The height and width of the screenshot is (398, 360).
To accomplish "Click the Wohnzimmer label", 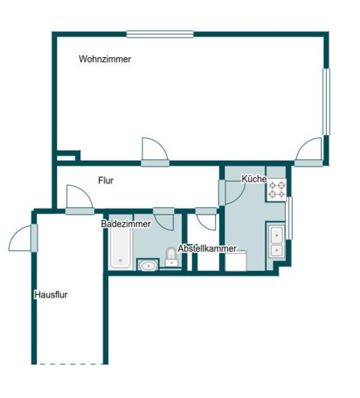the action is point(105,59).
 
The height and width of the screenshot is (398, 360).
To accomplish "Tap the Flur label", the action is point(106,180).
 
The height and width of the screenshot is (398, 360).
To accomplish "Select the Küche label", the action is point(254,179).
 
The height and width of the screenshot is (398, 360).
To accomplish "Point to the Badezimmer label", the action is point(126,224).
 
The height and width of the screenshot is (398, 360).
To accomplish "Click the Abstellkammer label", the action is point(207,249).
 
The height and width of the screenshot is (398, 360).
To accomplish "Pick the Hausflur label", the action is point(51,295).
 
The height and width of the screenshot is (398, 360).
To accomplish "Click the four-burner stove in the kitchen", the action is point(277,190).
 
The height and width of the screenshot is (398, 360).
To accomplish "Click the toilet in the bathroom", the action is point(171,257).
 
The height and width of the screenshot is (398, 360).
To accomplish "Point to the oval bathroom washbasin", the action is point(148,266).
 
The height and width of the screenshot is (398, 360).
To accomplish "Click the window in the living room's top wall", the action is point(160,34).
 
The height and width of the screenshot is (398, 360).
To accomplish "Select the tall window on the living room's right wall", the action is point(326,102).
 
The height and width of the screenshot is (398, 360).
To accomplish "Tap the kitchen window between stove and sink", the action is point(289,218).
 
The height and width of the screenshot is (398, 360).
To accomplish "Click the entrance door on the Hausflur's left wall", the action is point(23,238).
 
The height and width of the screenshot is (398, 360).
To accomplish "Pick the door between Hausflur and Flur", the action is point(80,200).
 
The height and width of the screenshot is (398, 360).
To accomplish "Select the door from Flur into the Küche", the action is point(232,192).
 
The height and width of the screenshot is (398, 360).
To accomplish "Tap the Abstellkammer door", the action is point(206,218).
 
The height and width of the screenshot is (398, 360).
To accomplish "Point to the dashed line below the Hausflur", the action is point(70,364).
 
